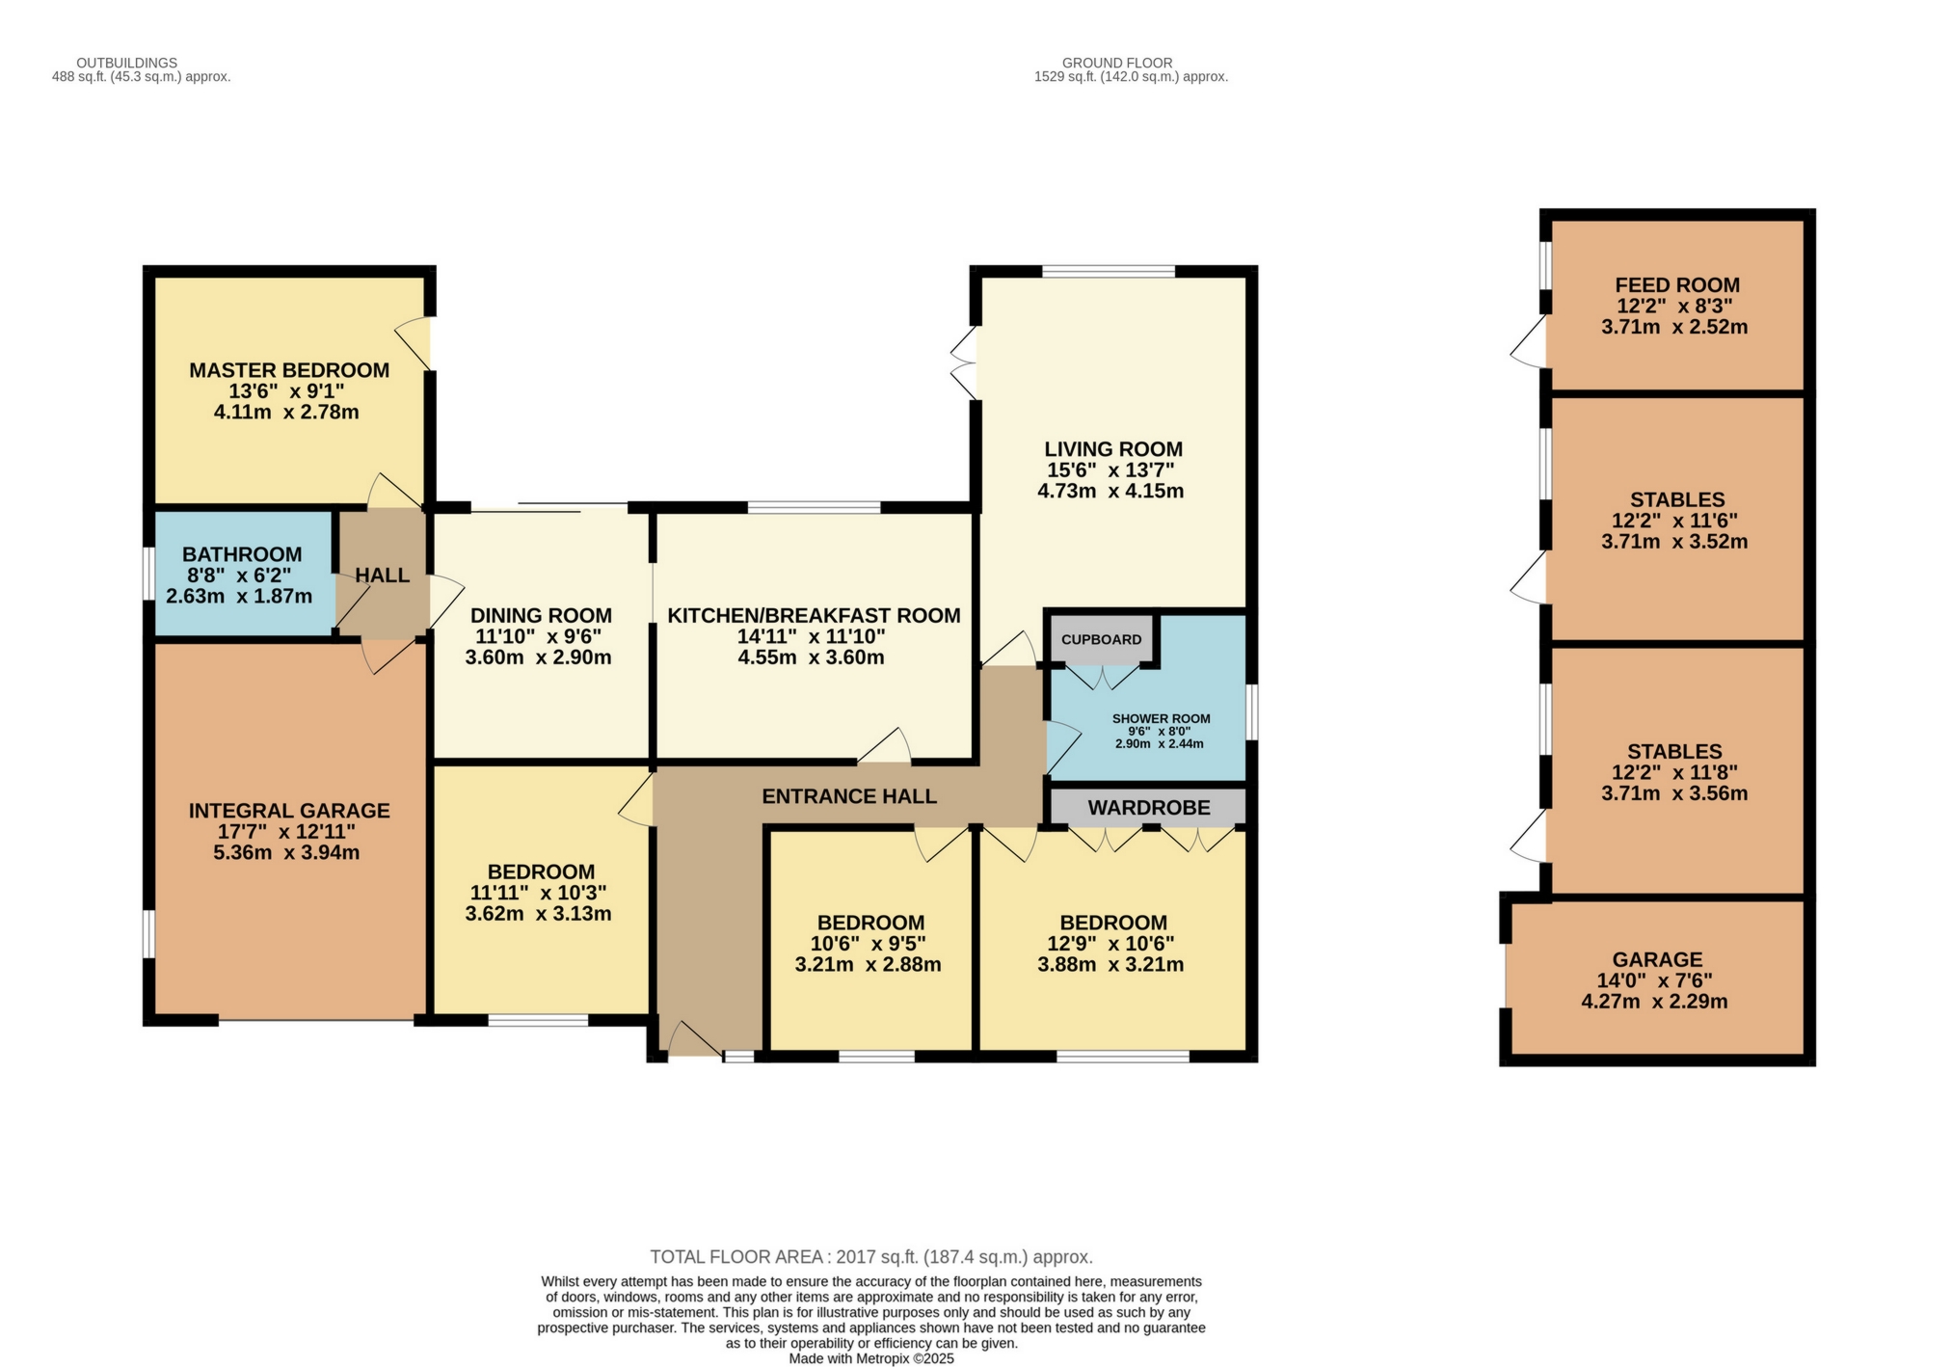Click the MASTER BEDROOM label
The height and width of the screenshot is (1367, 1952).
(x=288, y=370)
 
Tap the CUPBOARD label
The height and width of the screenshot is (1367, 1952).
(x=1101, y=639)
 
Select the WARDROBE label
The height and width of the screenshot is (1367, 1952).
(x=1148, y=808)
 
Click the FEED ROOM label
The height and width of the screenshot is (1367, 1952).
(x=1676, y=285)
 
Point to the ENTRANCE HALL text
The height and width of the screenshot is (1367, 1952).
(x=848, y=796)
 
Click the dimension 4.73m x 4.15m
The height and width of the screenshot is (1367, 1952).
(x=1110, y=491)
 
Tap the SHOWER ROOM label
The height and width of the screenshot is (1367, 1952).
(x=1161, y=719)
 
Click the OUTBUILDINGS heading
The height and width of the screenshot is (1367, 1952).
(x=126, y=63)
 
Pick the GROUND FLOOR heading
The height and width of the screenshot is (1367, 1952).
(x=1116, y=63)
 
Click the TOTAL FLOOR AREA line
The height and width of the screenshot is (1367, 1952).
(x=870, y=1257)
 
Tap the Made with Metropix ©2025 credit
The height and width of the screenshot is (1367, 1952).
(x=870, y=1358)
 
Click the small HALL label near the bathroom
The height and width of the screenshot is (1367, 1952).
(x=382, y=576)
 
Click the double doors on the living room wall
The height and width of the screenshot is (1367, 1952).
(x=964, y=364)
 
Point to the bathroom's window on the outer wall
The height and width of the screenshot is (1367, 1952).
(x=147, y=574)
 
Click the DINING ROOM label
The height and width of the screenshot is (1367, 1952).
(x=540, y=616)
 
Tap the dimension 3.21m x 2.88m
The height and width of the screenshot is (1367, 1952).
(x=868, y=964)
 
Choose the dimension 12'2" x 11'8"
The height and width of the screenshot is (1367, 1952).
(x=1675, y=772)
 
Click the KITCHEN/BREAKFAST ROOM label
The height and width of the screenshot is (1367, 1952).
(x=814, y=616)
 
